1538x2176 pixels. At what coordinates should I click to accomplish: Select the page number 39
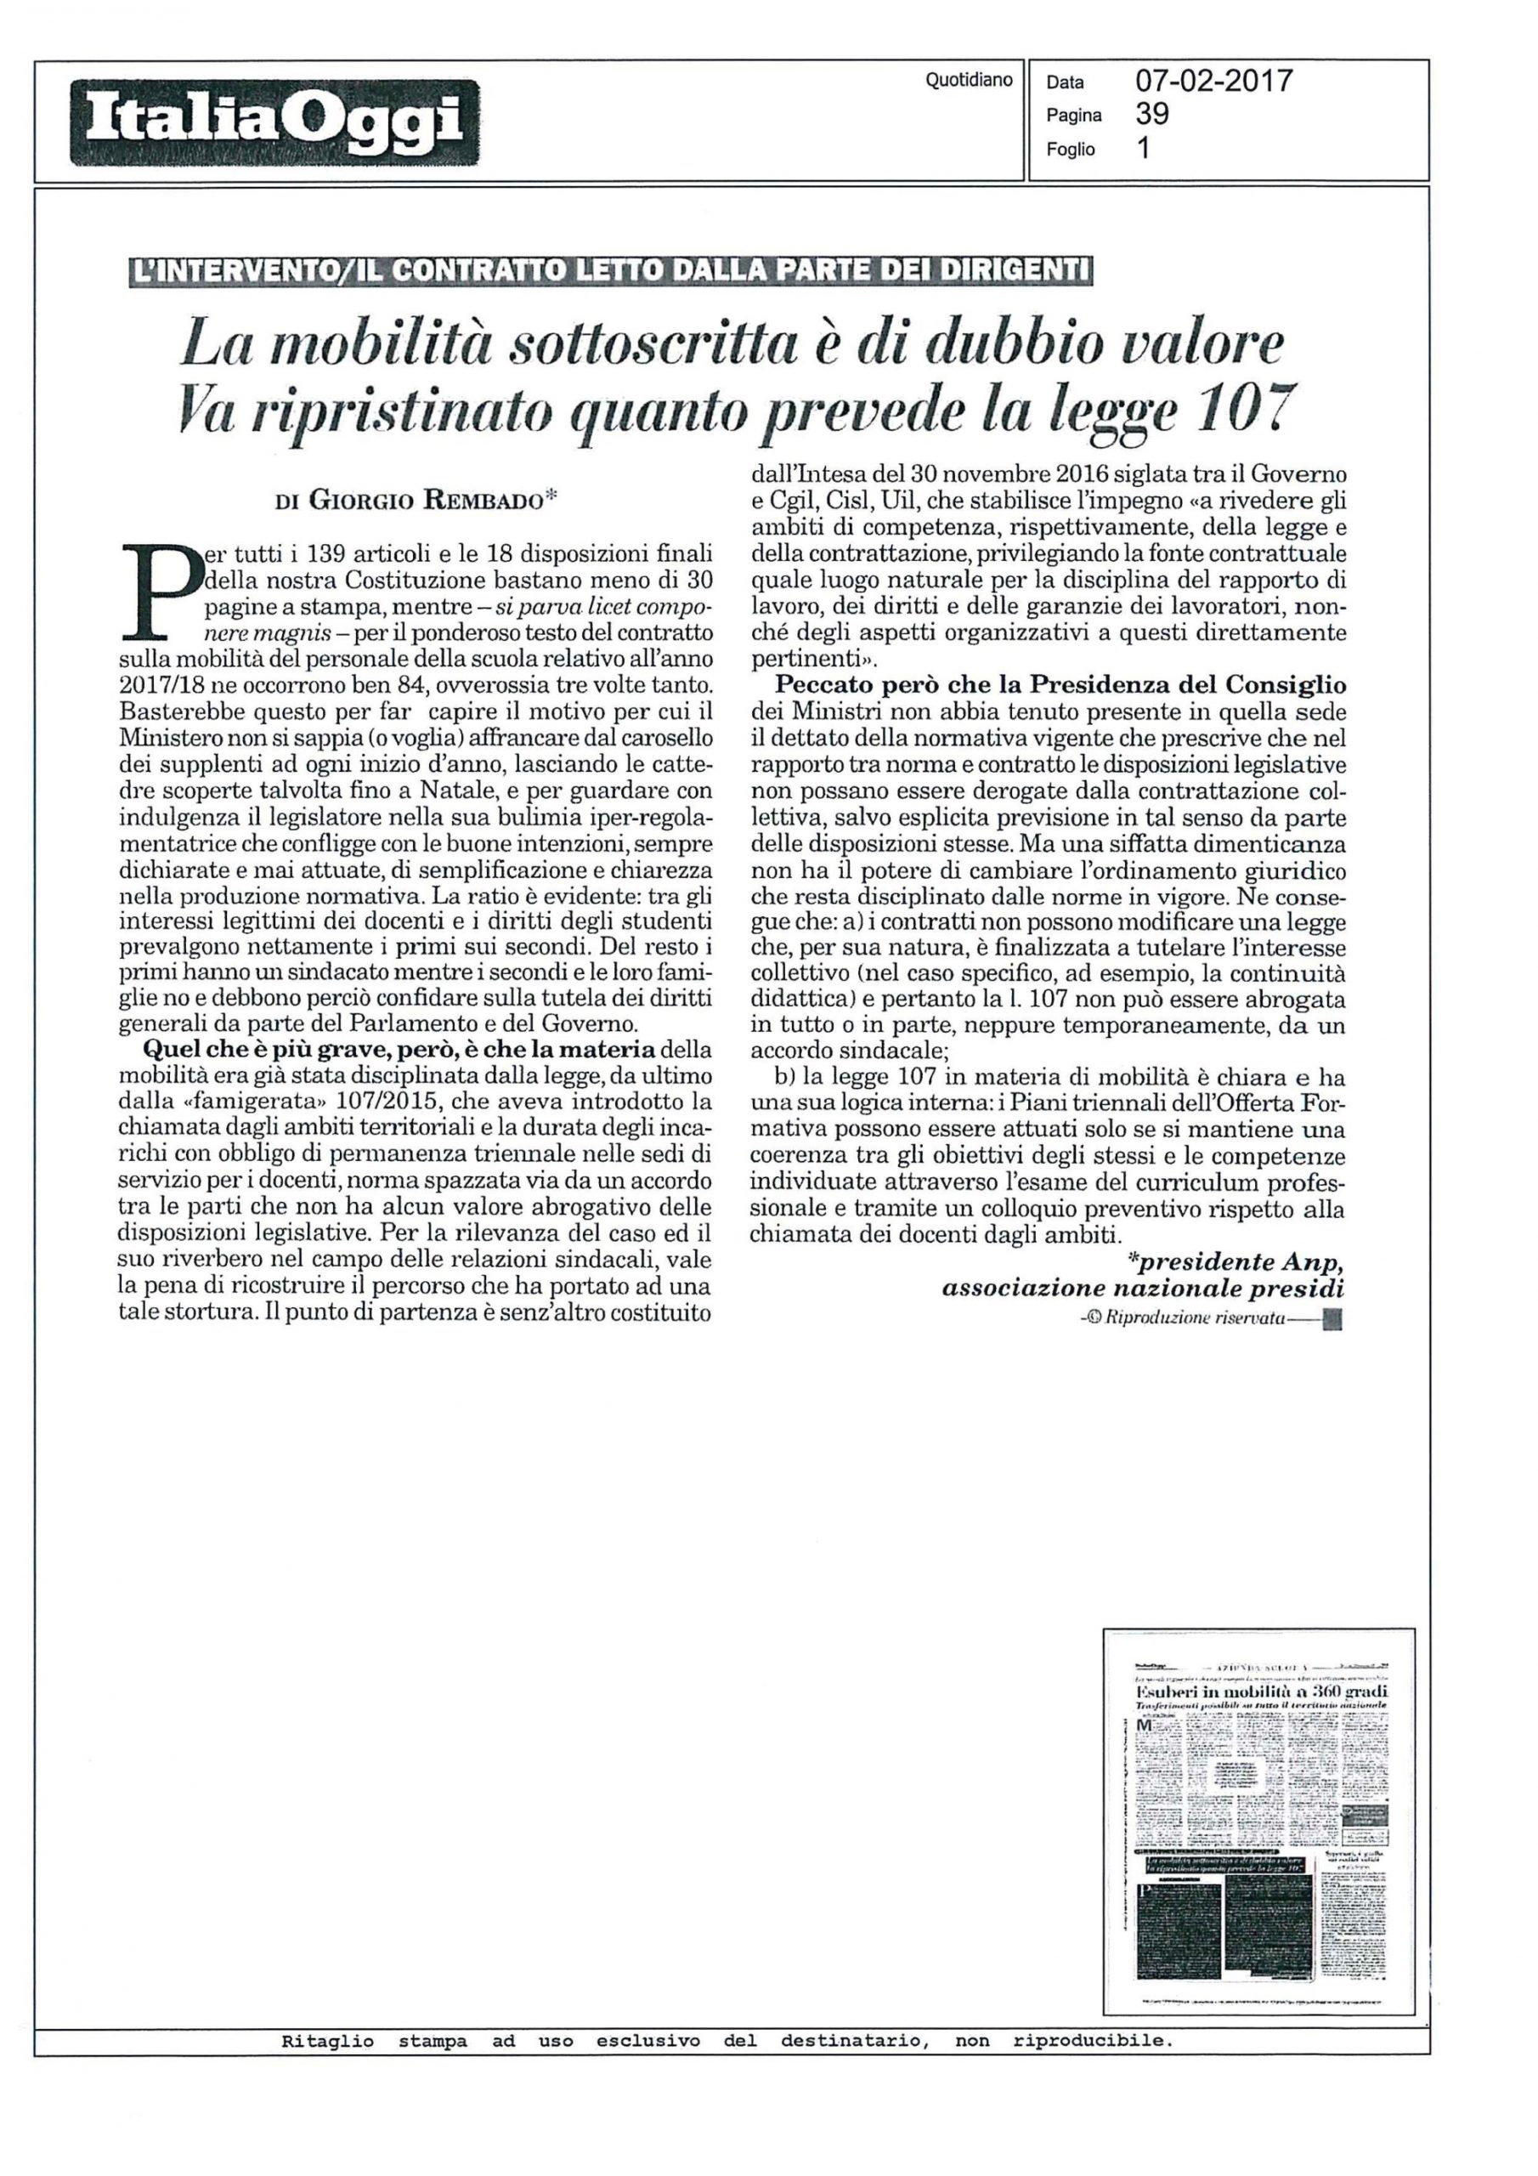click(1151, 115)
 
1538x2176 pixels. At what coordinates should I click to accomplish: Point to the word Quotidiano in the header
click(969, 81)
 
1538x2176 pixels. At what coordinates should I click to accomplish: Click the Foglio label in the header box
click(1070, 150)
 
